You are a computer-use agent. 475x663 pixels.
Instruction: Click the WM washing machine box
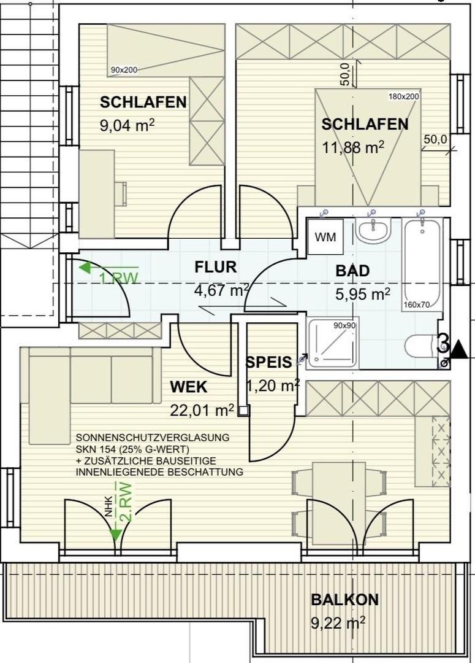pyautogui.click(x=325, y=238)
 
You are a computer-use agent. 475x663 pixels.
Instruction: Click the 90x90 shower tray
pyautogui.click(x=333, y=343)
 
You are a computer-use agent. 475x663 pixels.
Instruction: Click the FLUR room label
pyautogui.click(x=215, y=267)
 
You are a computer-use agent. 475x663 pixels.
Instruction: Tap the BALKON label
pyautogui.click(x=344, y=599)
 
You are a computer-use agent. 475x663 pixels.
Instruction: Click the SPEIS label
pyautogui.click(x=268, y=362)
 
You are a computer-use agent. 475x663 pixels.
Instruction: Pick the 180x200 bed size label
pyautogui.click(x=403, y=96)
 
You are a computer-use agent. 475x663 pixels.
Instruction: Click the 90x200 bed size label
pyautogui.click(x=124, y=70)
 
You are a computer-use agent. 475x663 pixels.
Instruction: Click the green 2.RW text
pyautogui.click(x=126, y=502)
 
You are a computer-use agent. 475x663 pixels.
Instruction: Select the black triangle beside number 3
pyautogui.click(x=459, y=351)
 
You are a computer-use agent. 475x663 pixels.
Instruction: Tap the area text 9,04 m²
pyautogui.click(x=127, y=126)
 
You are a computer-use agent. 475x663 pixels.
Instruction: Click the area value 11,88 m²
pyautogui.click(x=353, y=147)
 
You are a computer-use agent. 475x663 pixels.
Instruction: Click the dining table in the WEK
pyautogui.click(x=339, y=498)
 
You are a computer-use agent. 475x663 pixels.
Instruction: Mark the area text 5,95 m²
pyautogui.click(x=363, y=294)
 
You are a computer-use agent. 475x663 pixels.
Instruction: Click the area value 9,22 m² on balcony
pyautogui.click(x=338, y=624)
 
